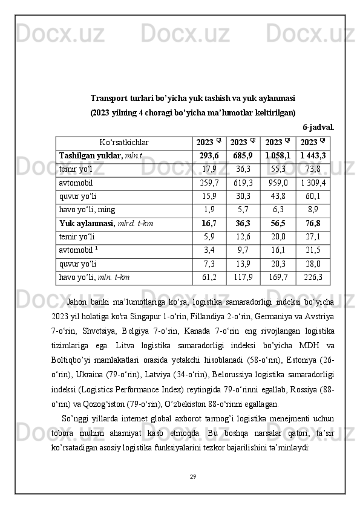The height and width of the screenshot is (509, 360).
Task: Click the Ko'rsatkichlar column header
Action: pos(124,143)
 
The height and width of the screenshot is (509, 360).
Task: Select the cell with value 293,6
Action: pos(209,156)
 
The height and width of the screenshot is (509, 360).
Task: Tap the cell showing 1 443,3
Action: pos(313,156)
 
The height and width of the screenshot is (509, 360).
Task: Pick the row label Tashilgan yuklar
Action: pos(90,156)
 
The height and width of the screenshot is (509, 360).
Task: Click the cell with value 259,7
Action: pos(209,183)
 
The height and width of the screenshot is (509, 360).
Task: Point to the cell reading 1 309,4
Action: pos(313,183)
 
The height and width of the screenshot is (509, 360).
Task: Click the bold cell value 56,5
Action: pos(278,223)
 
